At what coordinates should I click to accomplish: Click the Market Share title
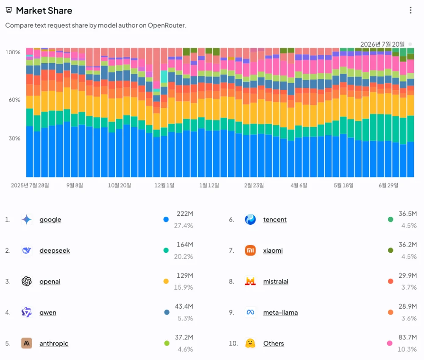click(44, 11)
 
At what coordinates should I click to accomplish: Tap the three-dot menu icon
click(410, 10)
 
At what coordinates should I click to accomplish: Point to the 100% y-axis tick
click(13, 52)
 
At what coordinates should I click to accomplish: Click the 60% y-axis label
click(14, 100)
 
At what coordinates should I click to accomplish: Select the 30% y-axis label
click(14, 139)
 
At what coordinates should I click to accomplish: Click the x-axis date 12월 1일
click(164, 185)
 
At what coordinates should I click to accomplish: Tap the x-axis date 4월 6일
click(298, 185)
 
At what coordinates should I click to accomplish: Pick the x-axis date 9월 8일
click(75, 185)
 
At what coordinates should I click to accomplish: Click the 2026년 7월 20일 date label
click(382, 44)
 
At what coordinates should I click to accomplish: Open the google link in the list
click(50, 220)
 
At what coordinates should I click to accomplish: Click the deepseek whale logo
click(26, 251)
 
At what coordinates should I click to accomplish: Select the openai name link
click(50, 282)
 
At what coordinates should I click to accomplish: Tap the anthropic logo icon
click(26, 343)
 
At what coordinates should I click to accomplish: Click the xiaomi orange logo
click(250, 251)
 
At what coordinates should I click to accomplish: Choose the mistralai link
click(276, 282)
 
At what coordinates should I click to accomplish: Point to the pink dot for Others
click(390, 343)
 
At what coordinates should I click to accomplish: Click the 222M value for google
click(185, 214)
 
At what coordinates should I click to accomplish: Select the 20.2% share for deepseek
click(183, 257)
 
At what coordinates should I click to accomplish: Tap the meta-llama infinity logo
click(250, 313)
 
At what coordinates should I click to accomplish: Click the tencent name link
click(275, 220)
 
